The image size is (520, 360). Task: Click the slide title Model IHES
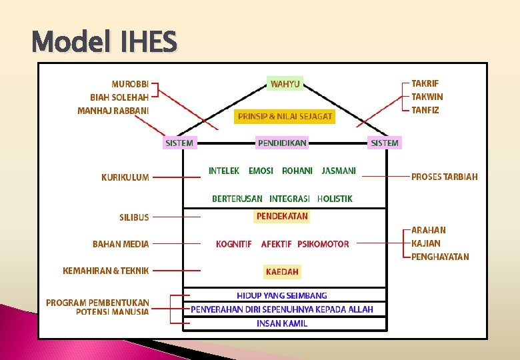pyautogui.click(x=105, y=43)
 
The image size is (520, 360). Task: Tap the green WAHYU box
pyautogui.click(x=285, y=84)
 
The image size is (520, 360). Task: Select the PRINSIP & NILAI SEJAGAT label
pyautogui.click(x=285, y=116)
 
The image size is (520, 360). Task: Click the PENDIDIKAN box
pyautogui.click(x=282, y=143)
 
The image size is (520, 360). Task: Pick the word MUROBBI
pyautogui.click(x=130, y=84)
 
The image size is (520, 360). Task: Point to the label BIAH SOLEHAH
pyautogui.click(x=119, y=97)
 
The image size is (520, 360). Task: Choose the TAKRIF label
pyautogui.click(x=425, y=83)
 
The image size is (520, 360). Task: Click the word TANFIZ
pyautogui.click(x=425, y=110)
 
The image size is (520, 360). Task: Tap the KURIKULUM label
pyautogui.click(x=125, y=177)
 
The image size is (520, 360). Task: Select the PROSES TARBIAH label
pyautogui.click(x=445, y=177)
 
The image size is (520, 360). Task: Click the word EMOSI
pyautogui.click(x=261, y=171)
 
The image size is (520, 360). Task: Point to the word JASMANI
pyautogui.click(x=339, y=171)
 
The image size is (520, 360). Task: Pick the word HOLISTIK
pyautogui.click(x=335, y=199)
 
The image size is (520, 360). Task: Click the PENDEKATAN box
pyautogui.click(x=282, y=216)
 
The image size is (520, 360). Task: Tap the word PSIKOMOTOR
pyautogui.click(x=323, y=244)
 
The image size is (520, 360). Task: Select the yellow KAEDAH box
pyautogui.click(x=282, y=271)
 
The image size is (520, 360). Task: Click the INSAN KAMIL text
pyautogui.click(x=282, y=323)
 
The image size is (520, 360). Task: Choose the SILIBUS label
pyautogui.click(x=134, y=217)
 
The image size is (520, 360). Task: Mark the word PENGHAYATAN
pyautogui.click(x=440, y=257)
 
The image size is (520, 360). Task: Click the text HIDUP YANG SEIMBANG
pyautogui.click(x=282, y=295)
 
